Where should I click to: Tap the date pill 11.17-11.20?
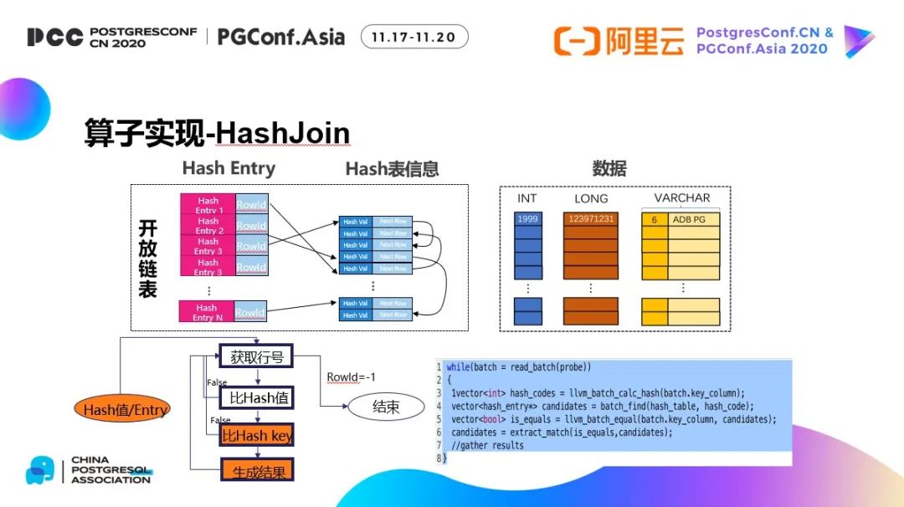pyautogui.click(x=414, y=37)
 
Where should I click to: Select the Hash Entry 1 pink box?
pyautogui.click(x=208, y=205)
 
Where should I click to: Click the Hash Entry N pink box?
pyautogui.click(x=207, y=312)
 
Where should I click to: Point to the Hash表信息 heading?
pyautogui.click(x=392, y=169)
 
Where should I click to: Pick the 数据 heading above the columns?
pyautogui.click(x=609, y=168)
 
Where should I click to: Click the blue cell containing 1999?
pyautogui.click(x=528, y=219)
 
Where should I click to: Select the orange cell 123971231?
pyautogui.click(x=591, y=219)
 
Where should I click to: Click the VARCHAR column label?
pyautogui.click(x=682, y=198)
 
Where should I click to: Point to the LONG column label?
pyautogui.click(x=591, y=199)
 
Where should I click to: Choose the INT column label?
pyautogui.click(x=527, y=199)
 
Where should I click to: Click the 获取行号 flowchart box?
pyautogui.click(x=257, y=357)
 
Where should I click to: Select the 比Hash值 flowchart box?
pyautogui.click(x=257, y=397)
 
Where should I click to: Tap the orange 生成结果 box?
pyautogui.click(x=257, y=471)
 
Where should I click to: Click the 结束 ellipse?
pyautogui.click(x=386, y=407)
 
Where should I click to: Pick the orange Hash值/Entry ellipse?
pyautogui.click(x=126, y=409)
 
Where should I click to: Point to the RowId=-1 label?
pyautogui.click(x=351, y=377)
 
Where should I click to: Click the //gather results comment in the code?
pyautogui.click(x=487, y=445)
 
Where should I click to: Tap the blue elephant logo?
pyautogui.click(x=39, y=469)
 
